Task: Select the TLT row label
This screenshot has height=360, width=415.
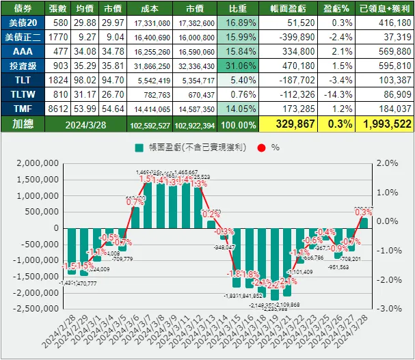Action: (23, 80)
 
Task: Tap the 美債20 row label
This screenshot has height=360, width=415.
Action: (23, 23)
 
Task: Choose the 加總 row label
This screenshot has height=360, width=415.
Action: (23, 124)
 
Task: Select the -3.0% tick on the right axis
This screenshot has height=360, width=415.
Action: (386, 308)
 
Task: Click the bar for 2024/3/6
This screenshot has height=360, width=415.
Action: (135, 217)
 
